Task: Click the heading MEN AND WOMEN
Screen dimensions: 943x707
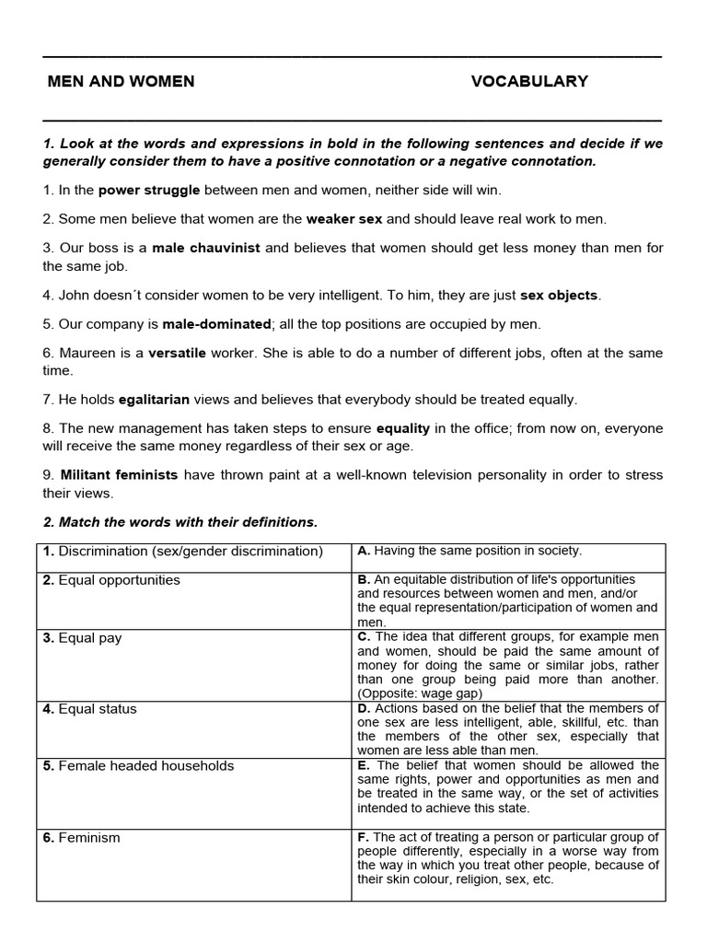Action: coord(121,82)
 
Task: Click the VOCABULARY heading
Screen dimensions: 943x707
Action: coord(529,82)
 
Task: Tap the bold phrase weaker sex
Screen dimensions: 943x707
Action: coord(345,219)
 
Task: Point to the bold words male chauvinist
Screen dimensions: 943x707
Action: coord(206,249)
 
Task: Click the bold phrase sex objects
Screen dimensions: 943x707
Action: coord(559,296)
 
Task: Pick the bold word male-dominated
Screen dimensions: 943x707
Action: coord(216,324)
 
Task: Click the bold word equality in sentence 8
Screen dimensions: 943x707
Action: coord(404,429)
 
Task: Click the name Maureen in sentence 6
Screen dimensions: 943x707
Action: coord(88,354)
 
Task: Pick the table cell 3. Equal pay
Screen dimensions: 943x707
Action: coord(83,638)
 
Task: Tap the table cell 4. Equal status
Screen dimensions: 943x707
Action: coord(89,709)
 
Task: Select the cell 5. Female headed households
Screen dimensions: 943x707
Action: coord(138,766)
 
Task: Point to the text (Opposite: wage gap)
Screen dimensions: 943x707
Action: coord(419,693)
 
